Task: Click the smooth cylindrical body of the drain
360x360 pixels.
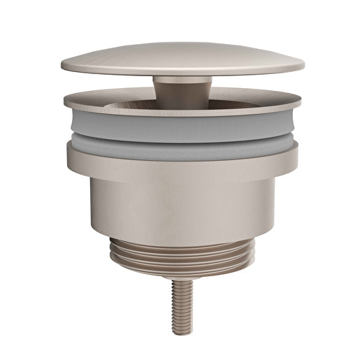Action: [x=182, y=206]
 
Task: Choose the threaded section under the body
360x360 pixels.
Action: [x=182, y=255]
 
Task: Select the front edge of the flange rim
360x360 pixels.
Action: [x=182, y=113]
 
